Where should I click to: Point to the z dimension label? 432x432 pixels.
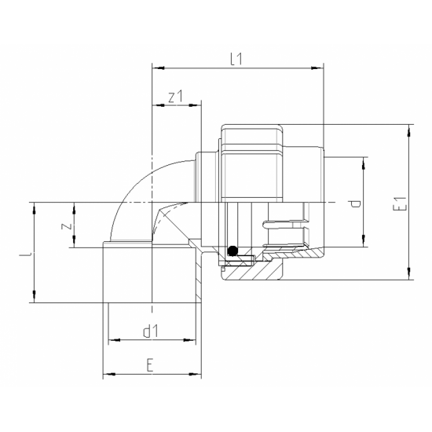tap(68, 225)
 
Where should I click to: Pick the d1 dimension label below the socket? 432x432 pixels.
tap(151, 331)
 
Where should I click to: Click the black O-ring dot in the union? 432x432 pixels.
tap(232, 251)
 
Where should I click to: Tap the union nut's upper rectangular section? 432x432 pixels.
tap(251, 138)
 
